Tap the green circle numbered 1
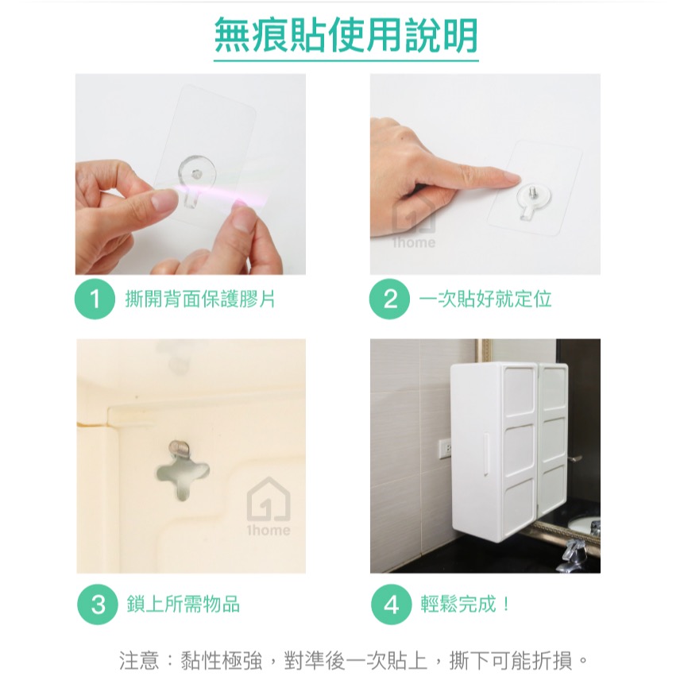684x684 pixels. click(95, 299)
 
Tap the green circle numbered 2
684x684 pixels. click(390, 299)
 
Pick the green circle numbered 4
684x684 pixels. click(391, 605)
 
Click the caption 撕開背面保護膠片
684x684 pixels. click(200, 299)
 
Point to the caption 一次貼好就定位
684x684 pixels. click(485, 299)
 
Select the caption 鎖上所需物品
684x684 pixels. click(183, 605)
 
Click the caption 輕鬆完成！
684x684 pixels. click(466, 605)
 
